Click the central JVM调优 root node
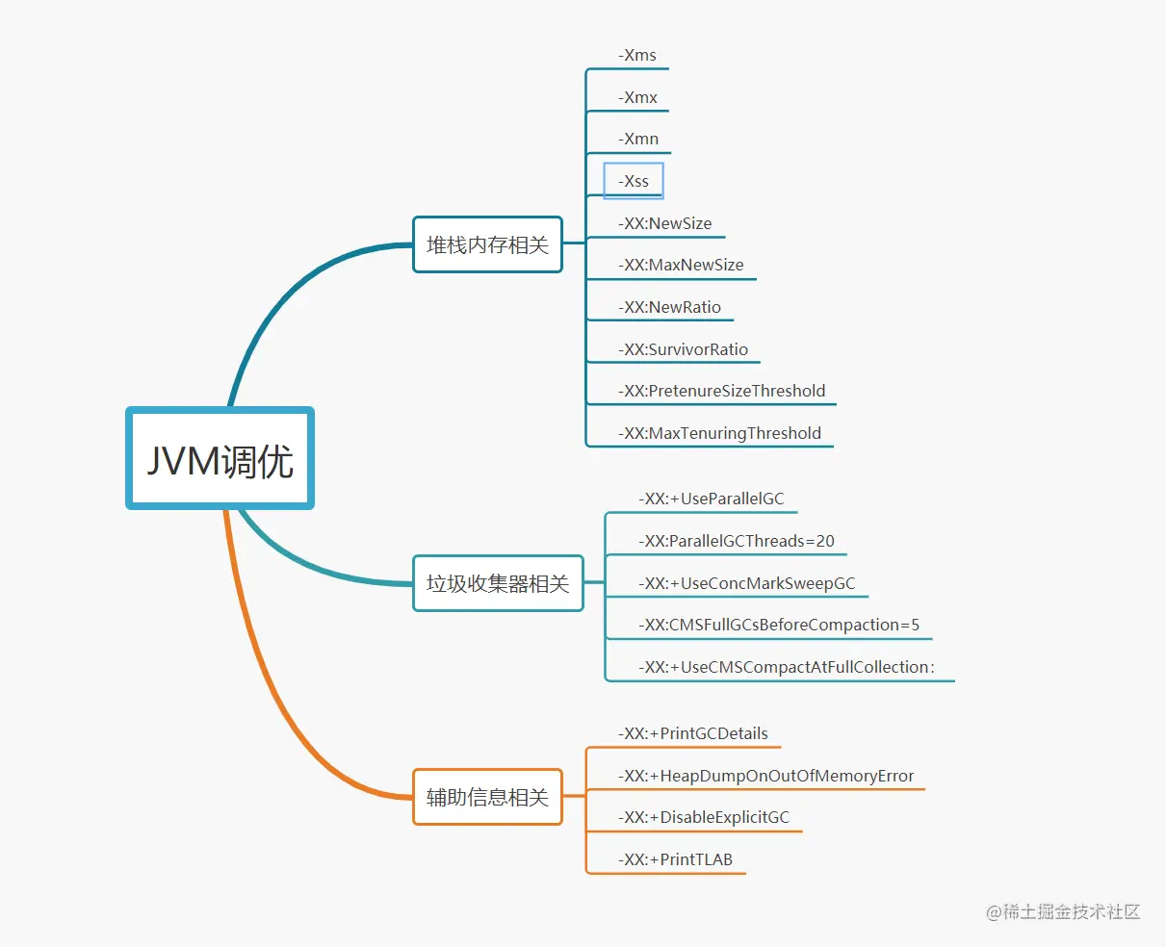coord(220,459)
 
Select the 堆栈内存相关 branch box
coord(487,244)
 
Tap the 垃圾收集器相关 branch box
coord(498,583)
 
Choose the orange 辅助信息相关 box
coord(487,797)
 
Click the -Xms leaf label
coord(637,55)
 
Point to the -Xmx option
coord(637,97)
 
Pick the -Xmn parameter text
coord(638,139)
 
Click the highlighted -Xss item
coord(634,181)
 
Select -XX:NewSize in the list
coord(665,223)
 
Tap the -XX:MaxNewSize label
coord(681,265)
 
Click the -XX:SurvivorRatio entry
coord(683,349)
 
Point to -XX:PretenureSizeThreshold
coord(721,391)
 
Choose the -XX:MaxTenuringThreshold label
coord(719,433)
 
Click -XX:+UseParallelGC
coord(712,499)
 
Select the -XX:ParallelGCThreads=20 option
coord(737,541)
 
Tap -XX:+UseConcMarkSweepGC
coord(747,583)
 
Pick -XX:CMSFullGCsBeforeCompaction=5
coord(779,625)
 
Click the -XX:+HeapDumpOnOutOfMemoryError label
coord(765,776)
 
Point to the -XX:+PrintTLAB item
coord(675,859)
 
